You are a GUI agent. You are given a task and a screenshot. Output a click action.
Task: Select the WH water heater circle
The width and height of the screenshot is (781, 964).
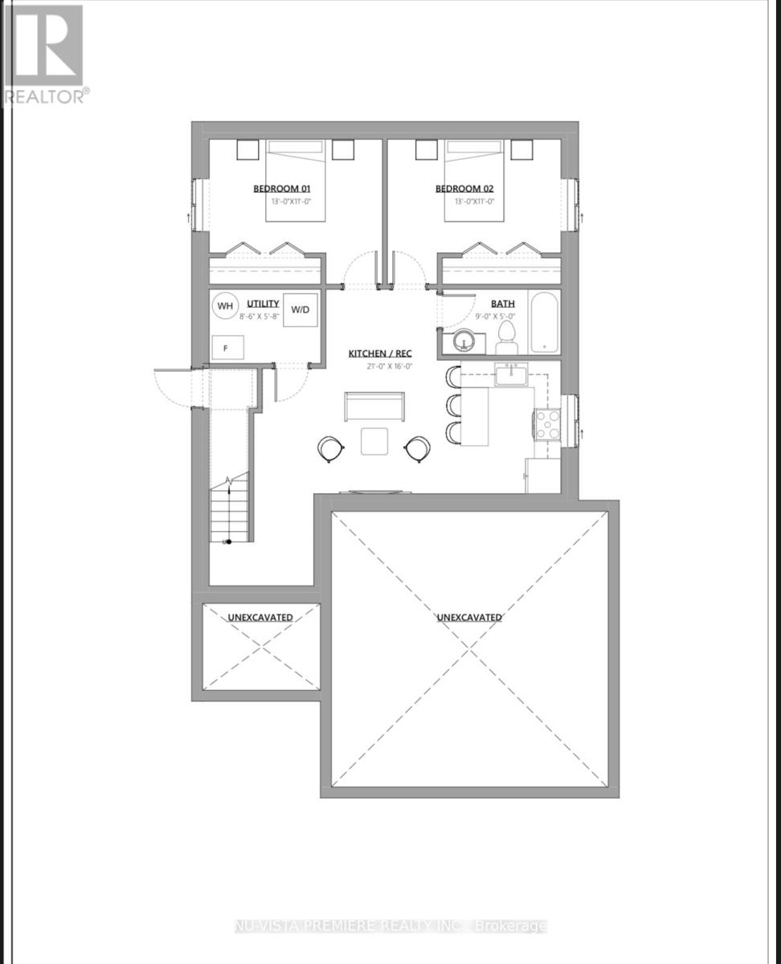click(x=225, y=306)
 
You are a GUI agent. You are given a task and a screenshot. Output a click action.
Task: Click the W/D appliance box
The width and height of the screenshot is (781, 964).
click(x=301, y=309)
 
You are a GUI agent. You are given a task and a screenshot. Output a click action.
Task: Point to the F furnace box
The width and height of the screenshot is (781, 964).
click(x=226, y=349)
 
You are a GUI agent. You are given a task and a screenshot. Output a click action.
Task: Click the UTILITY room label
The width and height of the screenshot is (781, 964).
click(x=263, y=304)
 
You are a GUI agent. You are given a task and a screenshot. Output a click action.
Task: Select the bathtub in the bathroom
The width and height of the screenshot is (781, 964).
click(x=543, y=324)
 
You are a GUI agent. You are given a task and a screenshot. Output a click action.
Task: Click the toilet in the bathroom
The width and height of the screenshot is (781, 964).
click(x=507, y=337)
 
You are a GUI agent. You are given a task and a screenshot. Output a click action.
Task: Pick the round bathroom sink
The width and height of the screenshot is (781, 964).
click(x=464, y=342)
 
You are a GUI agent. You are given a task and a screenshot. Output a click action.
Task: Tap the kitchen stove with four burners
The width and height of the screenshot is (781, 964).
click(x=547, y=424)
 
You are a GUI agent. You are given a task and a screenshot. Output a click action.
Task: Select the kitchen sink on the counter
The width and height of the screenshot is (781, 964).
click(x=509, y=375)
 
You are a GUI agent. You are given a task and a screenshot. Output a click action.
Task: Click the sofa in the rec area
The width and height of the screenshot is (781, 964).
click(x=374, y=406)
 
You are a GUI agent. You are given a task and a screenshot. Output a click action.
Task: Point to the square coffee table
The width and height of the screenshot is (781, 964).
click(x=374, y=442)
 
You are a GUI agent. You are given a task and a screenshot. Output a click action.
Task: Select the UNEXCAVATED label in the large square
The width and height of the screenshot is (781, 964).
click(x=469, y=617)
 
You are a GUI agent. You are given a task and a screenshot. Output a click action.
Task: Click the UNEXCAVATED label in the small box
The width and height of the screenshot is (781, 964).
click(x=260, y=617)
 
